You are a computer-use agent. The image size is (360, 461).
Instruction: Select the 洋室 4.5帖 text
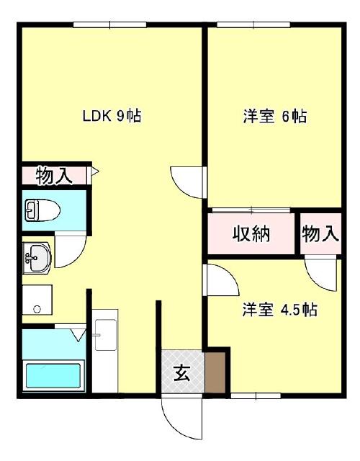(x=279, y=310)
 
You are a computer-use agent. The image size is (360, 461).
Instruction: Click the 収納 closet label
(x=251, y=234)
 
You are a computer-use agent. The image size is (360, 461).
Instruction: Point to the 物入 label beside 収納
(x=320, y=234)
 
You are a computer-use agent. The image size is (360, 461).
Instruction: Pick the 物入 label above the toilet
(x=54, y=175)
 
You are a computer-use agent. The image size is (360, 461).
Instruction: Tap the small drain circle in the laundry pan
(x=36, y=310)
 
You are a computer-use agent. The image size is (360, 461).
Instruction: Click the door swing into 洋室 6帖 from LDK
(x=187, y=180)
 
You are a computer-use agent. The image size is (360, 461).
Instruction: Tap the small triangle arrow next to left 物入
(x=94, y=173)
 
